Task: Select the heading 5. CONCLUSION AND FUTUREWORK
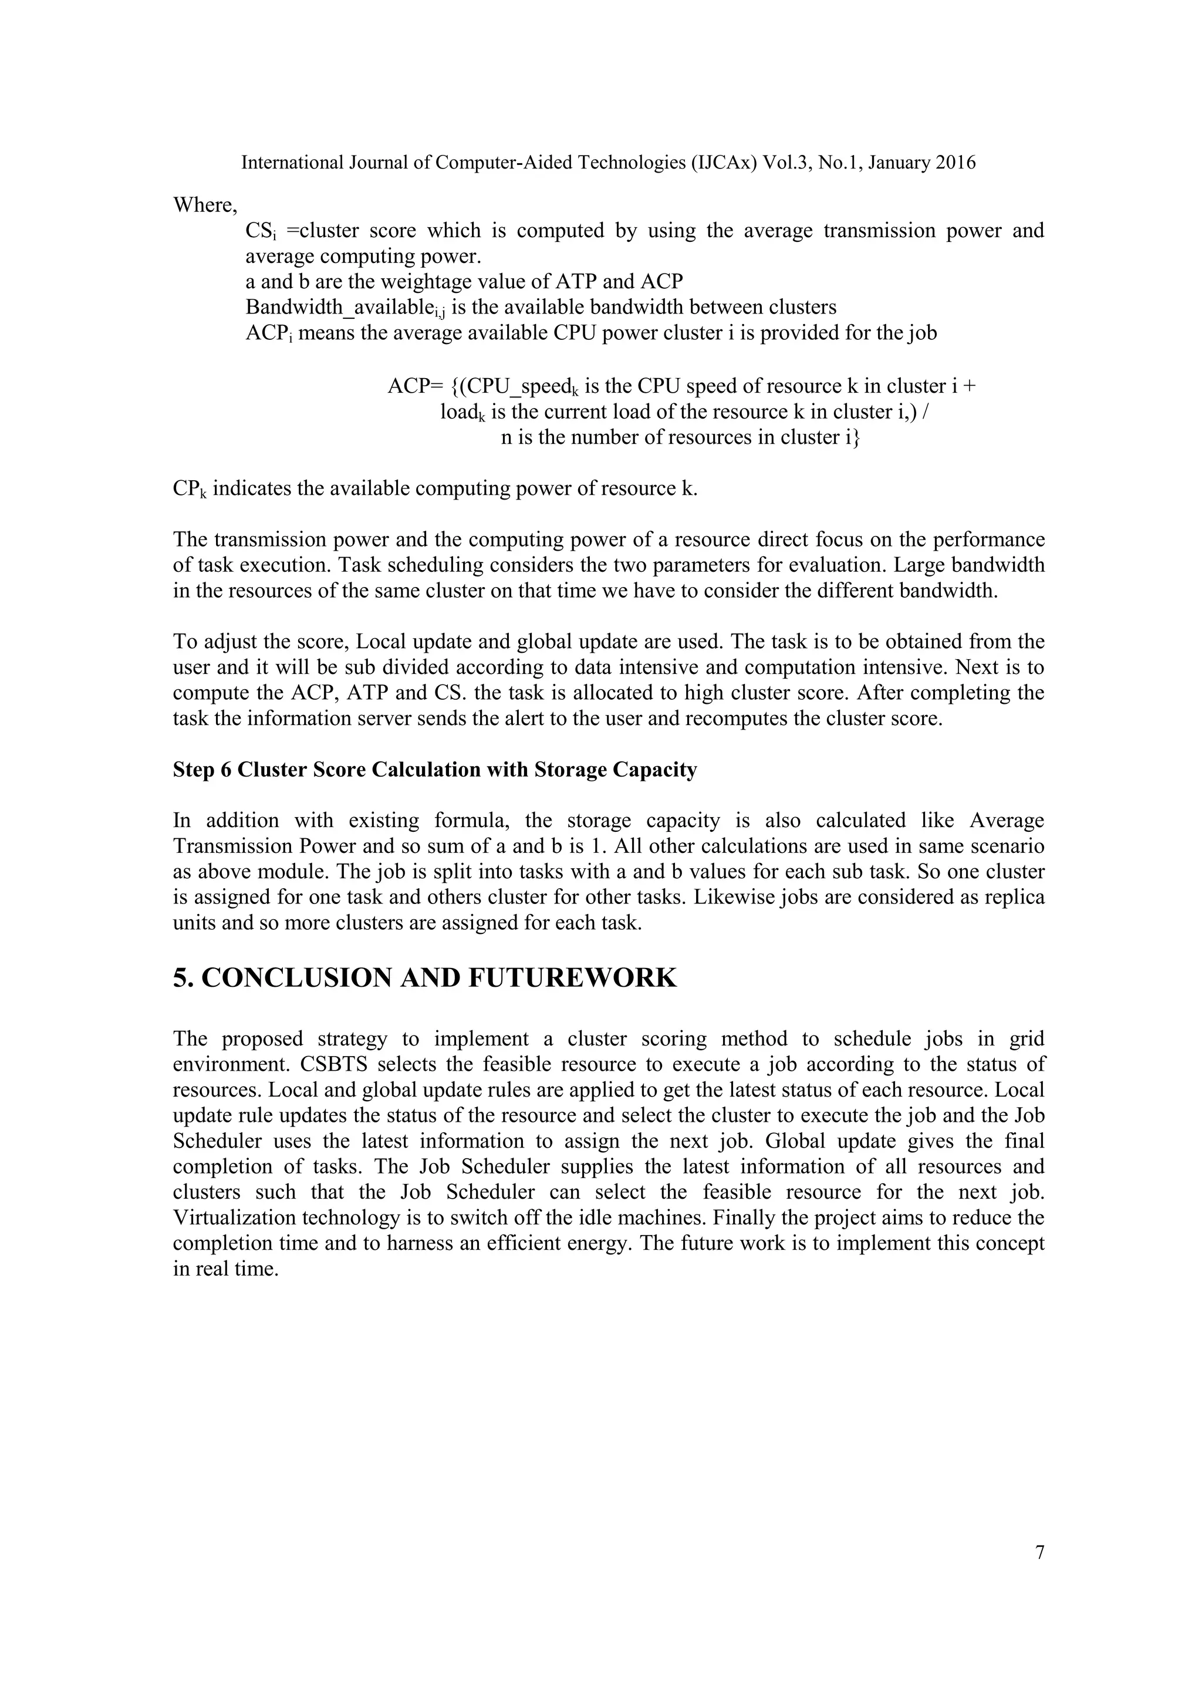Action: (x=424, y=977)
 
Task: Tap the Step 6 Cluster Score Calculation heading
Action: (x=434, y=770)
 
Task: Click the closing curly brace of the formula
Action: (x=856, y=437)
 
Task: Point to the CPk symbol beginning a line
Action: (x=189, y=490)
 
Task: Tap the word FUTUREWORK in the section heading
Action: (x=572, y=977)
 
